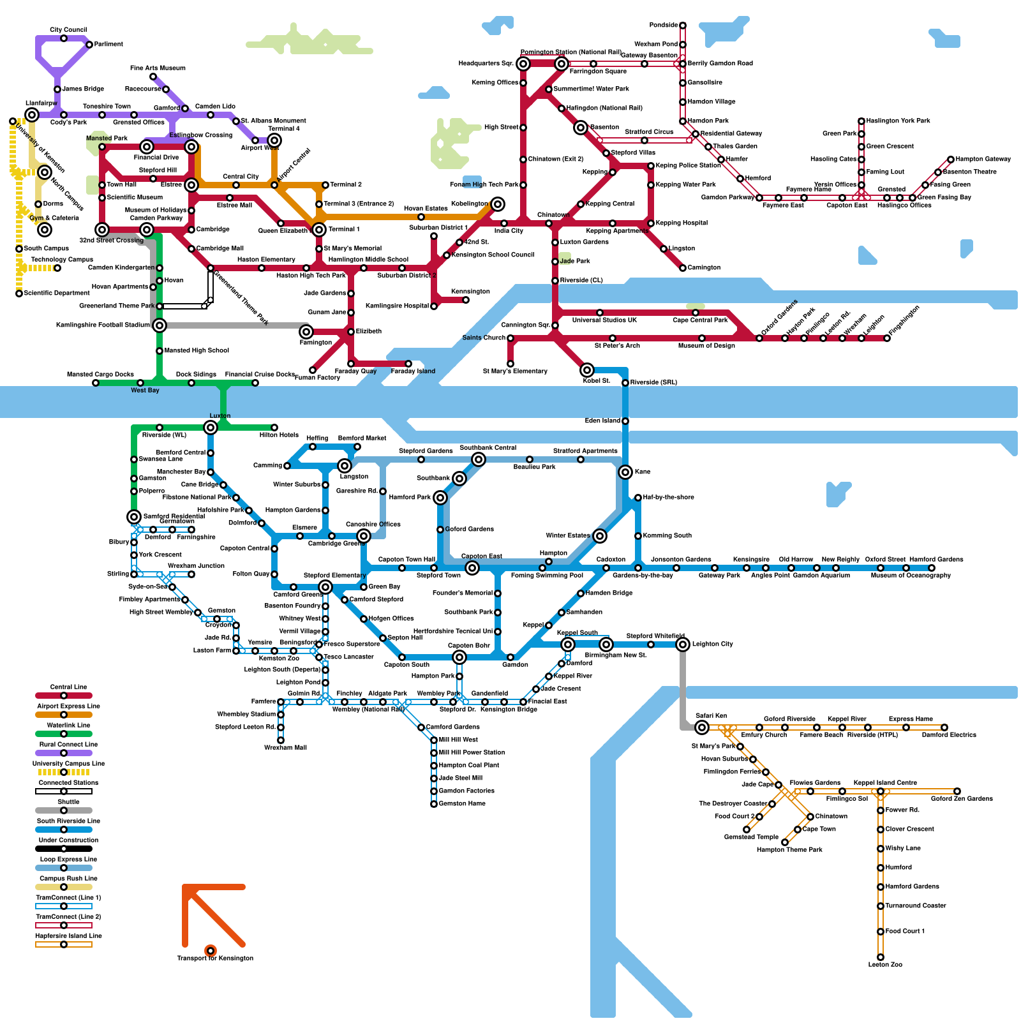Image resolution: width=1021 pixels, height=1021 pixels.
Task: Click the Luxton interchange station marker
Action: [211, 428]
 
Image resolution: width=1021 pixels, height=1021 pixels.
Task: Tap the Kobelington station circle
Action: [498, 204]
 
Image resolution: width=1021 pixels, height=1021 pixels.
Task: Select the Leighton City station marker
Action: [683, 645]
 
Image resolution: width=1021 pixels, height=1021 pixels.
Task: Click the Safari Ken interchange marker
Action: [702, 727]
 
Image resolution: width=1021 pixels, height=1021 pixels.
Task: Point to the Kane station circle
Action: [625, 472]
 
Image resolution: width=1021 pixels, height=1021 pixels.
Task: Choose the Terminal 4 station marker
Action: [274, 140]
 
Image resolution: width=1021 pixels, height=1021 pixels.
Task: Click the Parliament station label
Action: [108, 45]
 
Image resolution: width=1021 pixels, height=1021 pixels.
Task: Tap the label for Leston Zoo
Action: [885, 964]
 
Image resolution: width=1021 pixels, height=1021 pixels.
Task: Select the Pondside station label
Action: [664, 26]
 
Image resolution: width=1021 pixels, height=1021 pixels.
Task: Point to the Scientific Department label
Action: [57, 294]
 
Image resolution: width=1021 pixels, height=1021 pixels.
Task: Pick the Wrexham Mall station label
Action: [285, 747]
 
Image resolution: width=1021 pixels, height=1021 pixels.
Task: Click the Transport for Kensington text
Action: [215, 958]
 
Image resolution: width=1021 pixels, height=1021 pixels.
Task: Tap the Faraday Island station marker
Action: [408, 364]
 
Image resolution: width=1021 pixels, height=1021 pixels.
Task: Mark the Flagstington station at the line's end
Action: [887, 338]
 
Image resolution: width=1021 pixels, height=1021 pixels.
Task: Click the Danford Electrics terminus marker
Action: [944, 727]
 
